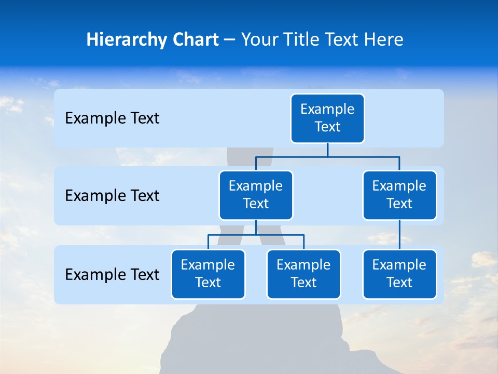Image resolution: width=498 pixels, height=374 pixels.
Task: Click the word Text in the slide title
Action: pyautogui.click(x=341, y=40)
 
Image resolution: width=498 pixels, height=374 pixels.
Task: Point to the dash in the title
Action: pyautogui.click(x=230, y=41)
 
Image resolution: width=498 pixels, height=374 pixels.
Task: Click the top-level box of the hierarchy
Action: pyautogui.click(x=327, y=118)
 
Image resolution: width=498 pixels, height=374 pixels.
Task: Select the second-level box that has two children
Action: pyautogui.click(x=256, y=195)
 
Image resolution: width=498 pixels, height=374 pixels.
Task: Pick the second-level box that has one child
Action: pyautogui.click(x=399, y=195)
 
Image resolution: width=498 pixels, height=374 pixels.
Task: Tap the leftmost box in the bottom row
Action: pyautogui.click(x=208, y=274)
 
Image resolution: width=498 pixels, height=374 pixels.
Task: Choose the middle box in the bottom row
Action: pyautogui.click(x=303, y=274)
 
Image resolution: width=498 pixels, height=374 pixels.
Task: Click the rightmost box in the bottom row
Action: pyautogui.click(x=399, y=274)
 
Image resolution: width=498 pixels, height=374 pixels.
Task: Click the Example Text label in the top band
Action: pyautogui.click(x=112, y=118)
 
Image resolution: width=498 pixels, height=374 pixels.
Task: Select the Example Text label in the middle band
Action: pyautogui.click(x=112, y=196)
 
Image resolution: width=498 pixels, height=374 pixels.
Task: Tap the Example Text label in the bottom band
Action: pyautogui.click(x=112, y=274)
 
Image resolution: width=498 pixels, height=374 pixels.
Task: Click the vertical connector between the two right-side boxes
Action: pyautogui.click(x=399, y=235)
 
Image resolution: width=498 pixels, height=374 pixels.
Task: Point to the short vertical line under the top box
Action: pyautogui.click(x=327, y=150)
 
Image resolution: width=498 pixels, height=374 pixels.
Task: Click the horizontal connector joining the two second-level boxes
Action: pyautogui.click(x=327, y=156)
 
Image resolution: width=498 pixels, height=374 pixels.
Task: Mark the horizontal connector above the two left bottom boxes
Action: pyautogui.click(x=256, y=235)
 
